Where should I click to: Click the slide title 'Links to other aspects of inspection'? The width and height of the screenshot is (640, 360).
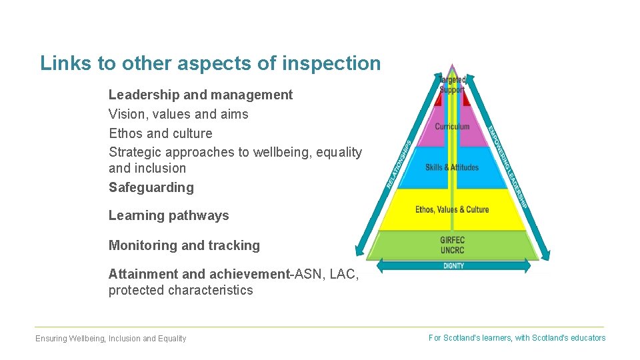pyautogui.click(x=210, y=63)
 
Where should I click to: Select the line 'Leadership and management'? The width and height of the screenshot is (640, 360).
pyautogui.click(x=200, y=95)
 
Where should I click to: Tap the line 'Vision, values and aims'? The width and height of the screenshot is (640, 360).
pyautogui.click(x=178, y=114)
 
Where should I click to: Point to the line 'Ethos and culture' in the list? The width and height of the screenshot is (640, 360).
pyautogui.click(x=160, y=133)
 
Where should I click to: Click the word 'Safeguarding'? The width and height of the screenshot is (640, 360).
pyautogui.click(x=151, y=187)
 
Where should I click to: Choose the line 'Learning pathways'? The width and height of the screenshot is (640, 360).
pyautogui.click(x=169, y=215)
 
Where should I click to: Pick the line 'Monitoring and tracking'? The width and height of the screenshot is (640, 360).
pyautogui.click(x=184, y=245)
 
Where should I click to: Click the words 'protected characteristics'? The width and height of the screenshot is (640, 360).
pyautogui.click(x=181, y=290)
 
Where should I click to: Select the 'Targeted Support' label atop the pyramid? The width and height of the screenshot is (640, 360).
pyautogui.click(x=452, y=85)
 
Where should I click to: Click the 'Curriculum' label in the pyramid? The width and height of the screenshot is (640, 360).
pyautogui.click(x=452, y=127)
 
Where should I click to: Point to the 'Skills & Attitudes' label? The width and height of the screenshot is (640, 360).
pyautogui.click(x=452, y=167)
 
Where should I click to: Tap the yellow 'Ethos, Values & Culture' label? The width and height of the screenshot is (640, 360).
pyautogui.click(x=452, y=209)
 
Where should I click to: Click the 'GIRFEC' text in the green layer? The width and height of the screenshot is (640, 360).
pyautogui.click(x=452, y=240)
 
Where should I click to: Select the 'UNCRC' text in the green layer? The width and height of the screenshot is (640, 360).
pyautogui.click(x=452, y=250)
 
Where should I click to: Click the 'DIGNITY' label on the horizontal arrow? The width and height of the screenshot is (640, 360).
pyautogui.click(x=453, y=266)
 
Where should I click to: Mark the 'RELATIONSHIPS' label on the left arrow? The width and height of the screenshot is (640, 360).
pyautogui.click(x=399, y=163)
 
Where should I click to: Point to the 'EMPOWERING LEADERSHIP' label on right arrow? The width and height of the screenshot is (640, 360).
pyautogui.click(x=508, y=167)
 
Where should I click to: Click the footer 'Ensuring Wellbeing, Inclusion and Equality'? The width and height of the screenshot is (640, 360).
pyautogui.click(x=111, y=339)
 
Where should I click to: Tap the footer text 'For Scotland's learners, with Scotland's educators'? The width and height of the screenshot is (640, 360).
pyautogui.click(x=517, y=338)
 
